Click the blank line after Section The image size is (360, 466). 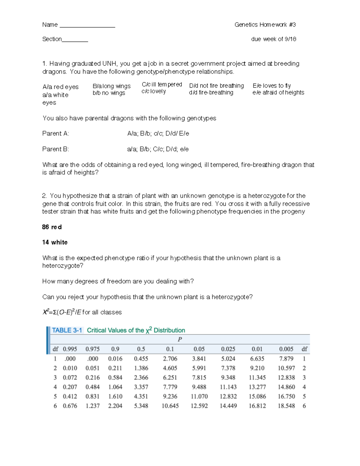click(x=75, y=41)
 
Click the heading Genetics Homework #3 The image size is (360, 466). click(x=265, y=25)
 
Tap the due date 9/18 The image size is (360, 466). click(x=290, y=39)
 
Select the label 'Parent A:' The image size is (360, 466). click(x=55, y=134)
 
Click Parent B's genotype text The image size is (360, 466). click(x=158, y=149)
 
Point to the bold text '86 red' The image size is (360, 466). click(x=52, y=227)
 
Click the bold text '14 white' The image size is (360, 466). click(x=55, y=242)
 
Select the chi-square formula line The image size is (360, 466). click(x=82, y=312)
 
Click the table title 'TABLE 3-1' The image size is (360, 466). click(x=67, y=330)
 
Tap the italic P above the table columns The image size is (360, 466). click(x=180, y=339)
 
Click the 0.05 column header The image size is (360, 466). click(x=199, y=349)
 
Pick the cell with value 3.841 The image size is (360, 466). click(x=199, y=359)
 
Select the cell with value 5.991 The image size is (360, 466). click(x=199, y=368)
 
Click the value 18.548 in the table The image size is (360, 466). click(x=286, y=406)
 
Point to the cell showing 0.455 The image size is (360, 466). click(x=141, y=359)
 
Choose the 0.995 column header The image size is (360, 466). click(x=70, y=349)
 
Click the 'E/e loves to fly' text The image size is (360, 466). click(x=271, y=86)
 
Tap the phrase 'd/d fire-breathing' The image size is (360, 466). click(x=211, y=93)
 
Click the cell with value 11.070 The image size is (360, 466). click(x=199, y=396)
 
